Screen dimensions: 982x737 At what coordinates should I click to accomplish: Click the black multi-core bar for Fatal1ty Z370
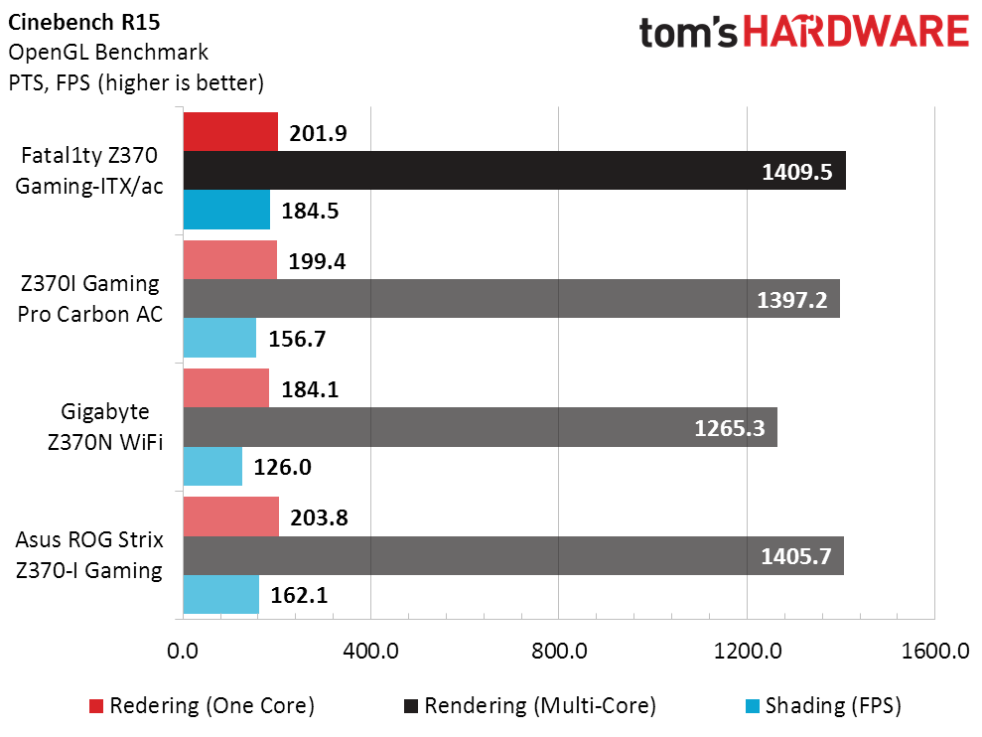(514, 171)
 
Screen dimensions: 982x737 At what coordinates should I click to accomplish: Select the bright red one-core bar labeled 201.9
(230, 131)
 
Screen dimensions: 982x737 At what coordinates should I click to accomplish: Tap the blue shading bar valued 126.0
(212, 466)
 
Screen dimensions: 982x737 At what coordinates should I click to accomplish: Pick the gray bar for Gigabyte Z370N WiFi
(481, 427)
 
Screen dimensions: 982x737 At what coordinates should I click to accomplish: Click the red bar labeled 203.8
(231, 517)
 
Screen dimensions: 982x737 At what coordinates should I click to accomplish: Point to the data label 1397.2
(792, 300)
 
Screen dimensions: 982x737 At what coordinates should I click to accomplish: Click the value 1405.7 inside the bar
(796, 556)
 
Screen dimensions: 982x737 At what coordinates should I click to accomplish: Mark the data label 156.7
(298, 339)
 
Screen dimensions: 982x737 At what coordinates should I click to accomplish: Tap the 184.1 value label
(310, 389)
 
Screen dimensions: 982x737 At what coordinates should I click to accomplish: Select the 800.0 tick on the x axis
(559, 652)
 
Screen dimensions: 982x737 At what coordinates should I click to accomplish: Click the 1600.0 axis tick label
(935, 652)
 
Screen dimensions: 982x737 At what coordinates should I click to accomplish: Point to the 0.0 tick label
(183, 652)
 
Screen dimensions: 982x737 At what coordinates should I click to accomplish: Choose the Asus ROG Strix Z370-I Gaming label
(89, 555)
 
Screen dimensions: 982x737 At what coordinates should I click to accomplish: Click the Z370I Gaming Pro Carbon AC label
(89, 299)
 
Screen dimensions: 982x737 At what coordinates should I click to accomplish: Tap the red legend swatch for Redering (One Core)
(96, 706)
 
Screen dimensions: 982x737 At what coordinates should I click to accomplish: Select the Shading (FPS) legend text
(833, 706)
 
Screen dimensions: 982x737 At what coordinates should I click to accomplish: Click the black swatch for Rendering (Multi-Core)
(411, 706)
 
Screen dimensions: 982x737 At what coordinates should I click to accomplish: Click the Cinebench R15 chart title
(84, 22)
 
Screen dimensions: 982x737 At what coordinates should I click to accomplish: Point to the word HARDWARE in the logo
(856, 32)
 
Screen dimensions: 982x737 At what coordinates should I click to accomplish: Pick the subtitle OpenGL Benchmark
(107, 52)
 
